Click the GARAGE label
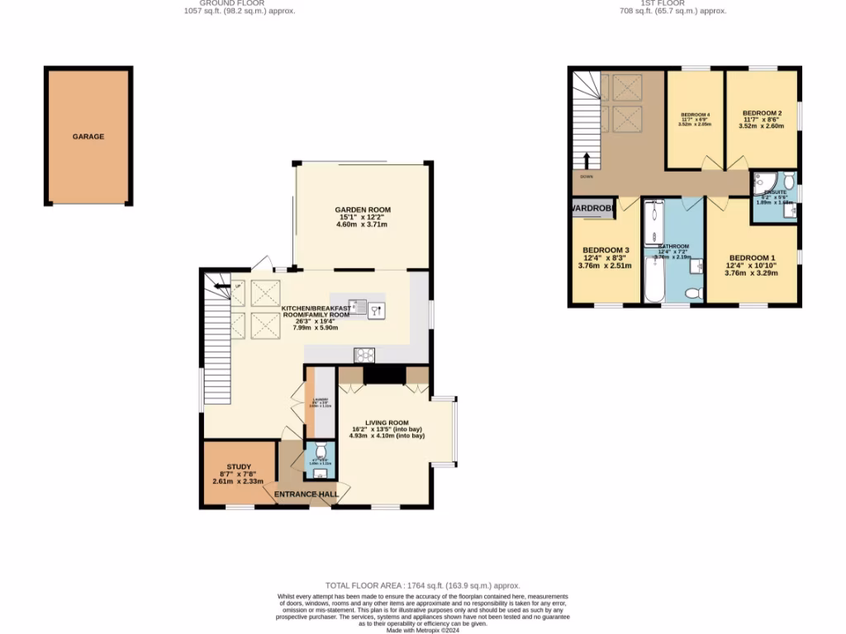[x=88, y=136]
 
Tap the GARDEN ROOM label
[x=363, y=210]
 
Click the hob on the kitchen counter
[x=364, y=355]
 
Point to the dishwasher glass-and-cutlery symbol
[x=377, y=310]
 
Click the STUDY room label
[x=238, y=466]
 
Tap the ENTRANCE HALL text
[x=307, y=494]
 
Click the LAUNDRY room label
[x=320, y=401]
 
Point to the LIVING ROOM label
[x=387, y=423]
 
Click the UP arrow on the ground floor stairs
[x=221, y=287]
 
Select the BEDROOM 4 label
[x=695, y=115]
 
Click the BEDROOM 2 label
[x=762, y=113]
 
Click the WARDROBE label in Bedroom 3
[x=592, y=209]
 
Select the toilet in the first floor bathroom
[x=693, y=292]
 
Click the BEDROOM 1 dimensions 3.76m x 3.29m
[x=752, y=272]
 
